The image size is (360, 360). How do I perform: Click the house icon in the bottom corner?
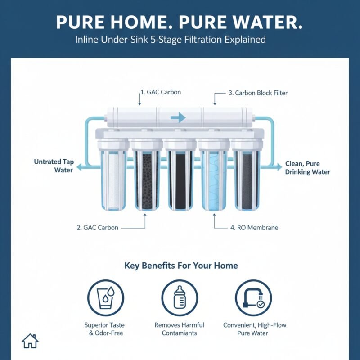tap(30, 341)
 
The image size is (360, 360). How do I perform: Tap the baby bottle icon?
tap(180, 298)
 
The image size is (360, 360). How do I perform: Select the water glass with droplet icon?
tap(104, 298)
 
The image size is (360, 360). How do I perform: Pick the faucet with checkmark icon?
tap(253, 298)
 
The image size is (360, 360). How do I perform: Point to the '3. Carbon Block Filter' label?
tap(258, 93)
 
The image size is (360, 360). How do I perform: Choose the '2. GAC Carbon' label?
tap(97, 228)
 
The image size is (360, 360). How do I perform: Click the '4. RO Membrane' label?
tap(254, 228)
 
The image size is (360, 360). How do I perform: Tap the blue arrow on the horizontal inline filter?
tap(178, 117)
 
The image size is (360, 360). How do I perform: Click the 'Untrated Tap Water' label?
tap(54, 166)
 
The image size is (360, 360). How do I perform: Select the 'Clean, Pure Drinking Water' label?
tap(307, 168)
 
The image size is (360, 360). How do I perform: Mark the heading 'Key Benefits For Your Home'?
tap(180, 265)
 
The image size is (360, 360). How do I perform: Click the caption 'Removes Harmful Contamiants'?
tap(179, 329)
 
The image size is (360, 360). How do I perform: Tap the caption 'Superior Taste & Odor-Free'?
tap(104, 329)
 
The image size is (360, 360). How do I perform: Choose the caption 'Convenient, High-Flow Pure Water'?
tap(255, 329)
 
